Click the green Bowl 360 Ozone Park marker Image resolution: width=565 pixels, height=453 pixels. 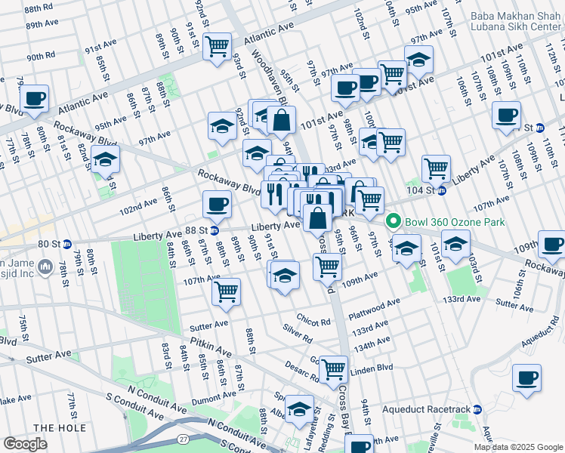[392, 222]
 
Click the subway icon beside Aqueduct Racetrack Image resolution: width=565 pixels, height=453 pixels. [477, 409]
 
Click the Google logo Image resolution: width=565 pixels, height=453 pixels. [25, 444]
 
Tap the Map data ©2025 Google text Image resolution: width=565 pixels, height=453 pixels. [518, 447]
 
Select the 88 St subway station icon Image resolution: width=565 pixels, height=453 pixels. [215, 230]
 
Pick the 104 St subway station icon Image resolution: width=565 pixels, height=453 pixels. [442, 190]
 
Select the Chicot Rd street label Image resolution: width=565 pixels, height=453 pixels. [313, 320]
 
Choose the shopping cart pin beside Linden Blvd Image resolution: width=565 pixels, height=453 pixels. [332, 369]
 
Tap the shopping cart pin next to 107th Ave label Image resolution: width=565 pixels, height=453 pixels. [227, 291]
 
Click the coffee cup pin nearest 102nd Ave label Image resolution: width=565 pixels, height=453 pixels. [217, 203]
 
